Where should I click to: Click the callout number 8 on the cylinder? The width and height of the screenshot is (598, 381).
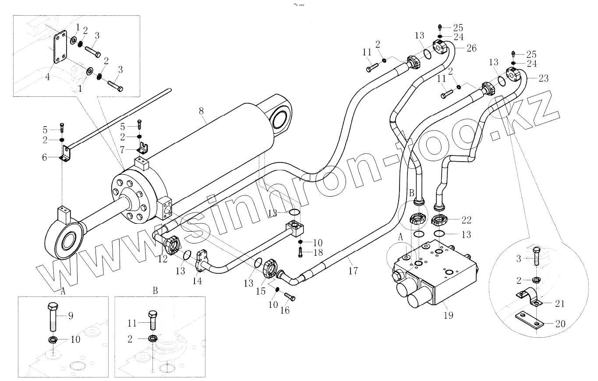[201, 111]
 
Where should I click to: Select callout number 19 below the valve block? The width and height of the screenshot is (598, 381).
[449, 315]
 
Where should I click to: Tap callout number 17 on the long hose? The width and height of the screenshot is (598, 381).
[353, 271]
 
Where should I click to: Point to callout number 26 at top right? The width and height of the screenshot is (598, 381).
[471, 48]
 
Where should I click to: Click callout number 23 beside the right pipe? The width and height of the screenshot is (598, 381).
[543, 78]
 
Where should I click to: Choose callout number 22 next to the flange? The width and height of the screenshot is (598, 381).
[467, 220]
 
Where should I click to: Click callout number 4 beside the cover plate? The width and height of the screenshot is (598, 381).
[47, 77]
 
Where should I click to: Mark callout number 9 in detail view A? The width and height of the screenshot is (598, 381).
[71, 316]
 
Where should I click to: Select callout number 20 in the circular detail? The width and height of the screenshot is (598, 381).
[560, 324]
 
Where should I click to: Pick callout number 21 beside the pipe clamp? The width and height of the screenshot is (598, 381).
[560, 303]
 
